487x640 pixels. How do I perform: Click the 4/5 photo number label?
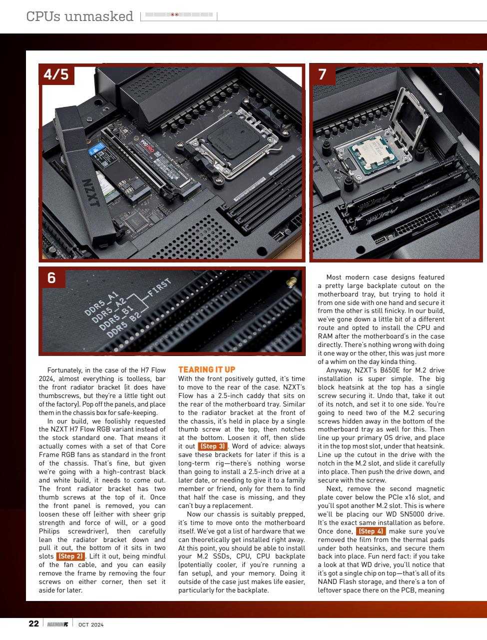pyautogui.click(x=56, y=74)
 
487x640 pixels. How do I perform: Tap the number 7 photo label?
pyautogui.click(x=323, y=74)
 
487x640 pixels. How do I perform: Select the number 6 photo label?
pyautogui.click(x=51, y=277)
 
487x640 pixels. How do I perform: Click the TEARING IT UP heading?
pyautogui.click(x=206, y=369)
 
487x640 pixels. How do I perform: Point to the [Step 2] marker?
pyautogui.click(x=71, y=556)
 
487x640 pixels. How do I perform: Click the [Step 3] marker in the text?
pyautogui.click(x=213, y=446)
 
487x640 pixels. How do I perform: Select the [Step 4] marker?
pyautogui.click(x=371, y=531)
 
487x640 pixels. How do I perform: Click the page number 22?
pyautogui.click(x=33, y=623)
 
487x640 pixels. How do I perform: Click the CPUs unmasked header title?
pyautogui.click(x=80, y=16)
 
